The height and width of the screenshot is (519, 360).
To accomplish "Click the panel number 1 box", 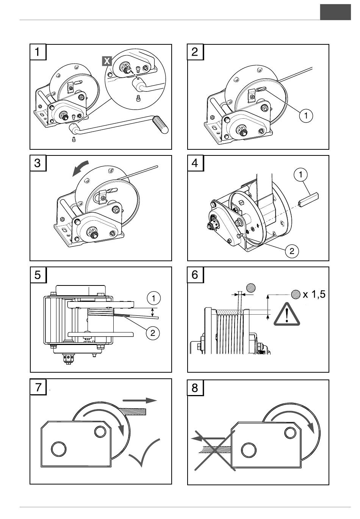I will (38, 52).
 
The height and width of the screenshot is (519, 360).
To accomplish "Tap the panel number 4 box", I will (195, 163).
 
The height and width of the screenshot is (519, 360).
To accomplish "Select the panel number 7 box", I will (38, 387).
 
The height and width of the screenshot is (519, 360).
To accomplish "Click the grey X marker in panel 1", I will (107, 61).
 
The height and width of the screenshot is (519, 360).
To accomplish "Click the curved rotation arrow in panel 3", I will (81, 167).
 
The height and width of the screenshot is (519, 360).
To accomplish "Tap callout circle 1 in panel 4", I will (301, 174).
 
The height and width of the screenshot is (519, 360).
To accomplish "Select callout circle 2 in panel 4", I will (292, 251).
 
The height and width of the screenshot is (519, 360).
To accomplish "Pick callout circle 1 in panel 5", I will (153, 298).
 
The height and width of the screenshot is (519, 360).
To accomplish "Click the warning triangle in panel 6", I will (287, 315).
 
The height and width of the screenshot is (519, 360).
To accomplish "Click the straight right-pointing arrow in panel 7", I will (139, 400).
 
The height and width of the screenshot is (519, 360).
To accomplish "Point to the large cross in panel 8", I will (214, 450).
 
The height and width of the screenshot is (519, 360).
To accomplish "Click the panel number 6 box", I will (195, 274).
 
